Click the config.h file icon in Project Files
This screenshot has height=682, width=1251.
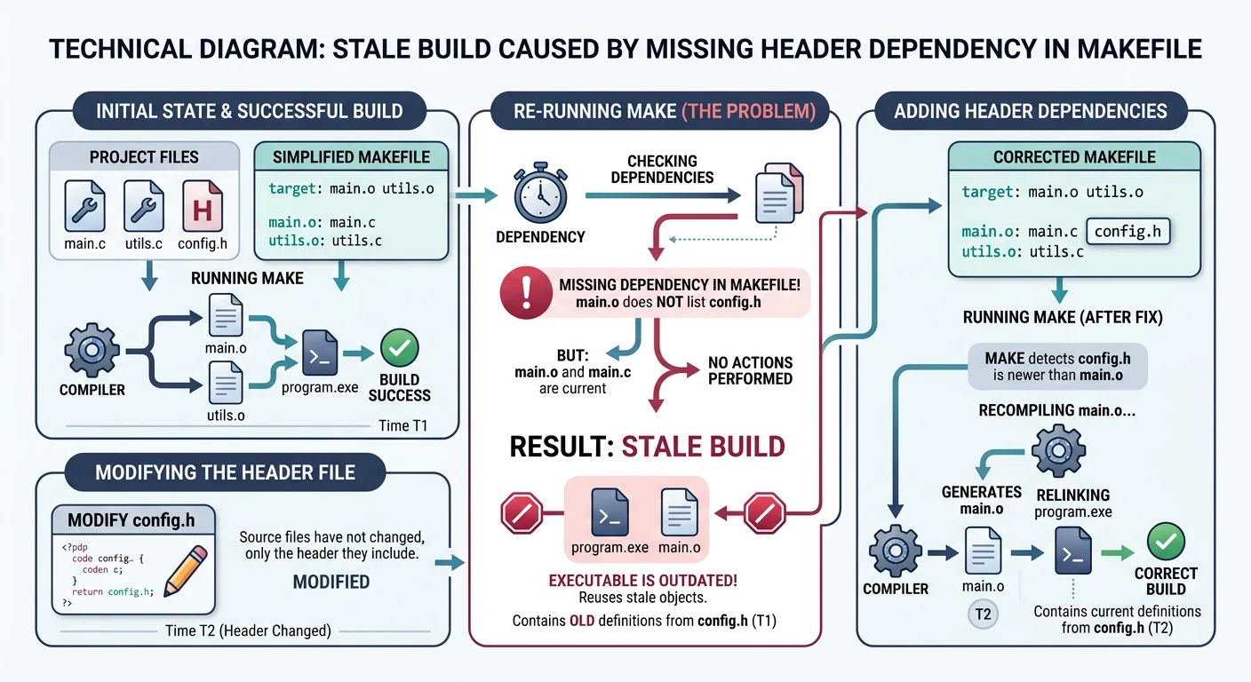point(202,206)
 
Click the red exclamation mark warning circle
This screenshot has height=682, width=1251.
point(521,293)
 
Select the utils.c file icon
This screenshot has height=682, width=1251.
point(144,206)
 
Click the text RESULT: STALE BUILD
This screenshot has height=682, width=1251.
point(647,445)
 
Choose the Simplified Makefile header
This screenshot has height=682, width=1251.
point(351,157)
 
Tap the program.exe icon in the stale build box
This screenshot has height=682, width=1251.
point(610,511)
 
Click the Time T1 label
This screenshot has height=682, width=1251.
point(402,425)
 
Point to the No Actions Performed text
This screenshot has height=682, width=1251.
point(749,371)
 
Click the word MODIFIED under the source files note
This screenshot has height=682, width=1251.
point(331,583)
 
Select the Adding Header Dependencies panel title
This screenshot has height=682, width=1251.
point(1030,111)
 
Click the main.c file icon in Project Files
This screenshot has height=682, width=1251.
point(86,206)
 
